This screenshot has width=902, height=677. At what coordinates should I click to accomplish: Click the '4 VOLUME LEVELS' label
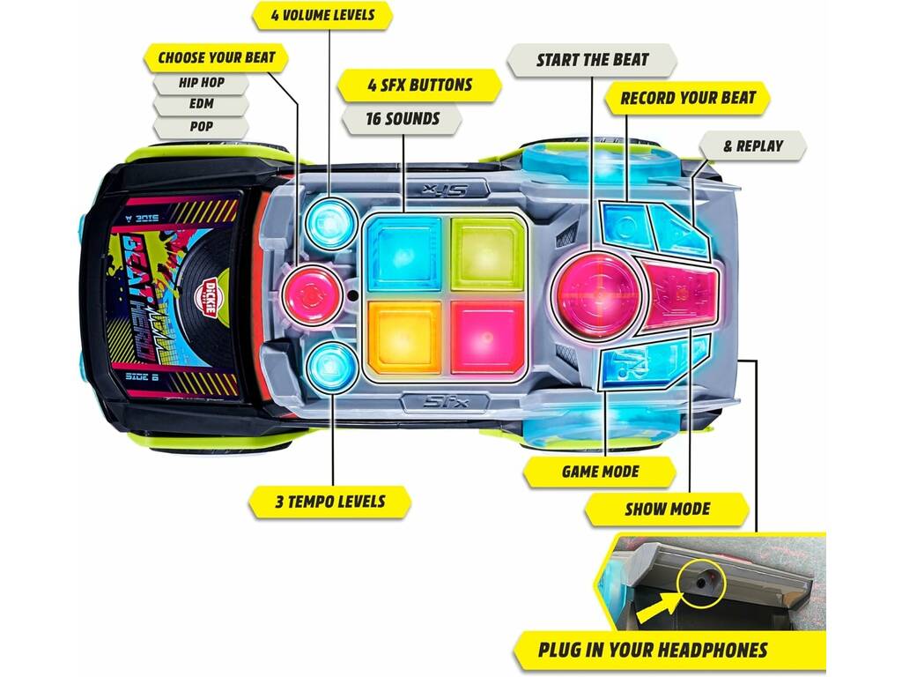[322, 16]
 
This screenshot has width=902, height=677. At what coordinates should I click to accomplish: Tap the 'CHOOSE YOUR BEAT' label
[217, 57]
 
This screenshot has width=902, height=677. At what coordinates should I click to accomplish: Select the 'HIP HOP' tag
[201, 83]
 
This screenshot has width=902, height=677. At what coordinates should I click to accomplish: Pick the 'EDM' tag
[201, 104]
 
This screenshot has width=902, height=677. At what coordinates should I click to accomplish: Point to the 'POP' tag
[201, 127]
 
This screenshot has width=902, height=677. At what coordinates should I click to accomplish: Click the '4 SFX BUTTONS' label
[419, 86]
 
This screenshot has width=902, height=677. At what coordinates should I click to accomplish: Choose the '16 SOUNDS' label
[402, 119]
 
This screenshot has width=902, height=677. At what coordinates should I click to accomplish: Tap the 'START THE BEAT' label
[592, 60]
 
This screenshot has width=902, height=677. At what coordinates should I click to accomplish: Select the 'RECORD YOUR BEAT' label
[687, 98]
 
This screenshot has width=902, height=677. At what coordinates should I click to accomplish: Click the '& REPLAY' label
[753, 146]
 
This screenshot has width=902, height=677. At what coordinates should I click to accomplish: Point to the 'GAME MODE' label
[600, 472]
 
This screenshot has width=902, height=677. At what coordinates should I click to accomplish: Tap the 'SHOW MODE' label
[668, 510]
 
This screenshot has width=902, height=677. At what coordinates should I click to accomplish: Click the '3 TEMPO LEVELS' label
[329, 502]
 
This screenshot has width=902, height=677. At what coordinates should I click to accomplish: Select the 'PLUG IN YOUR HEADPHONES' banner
[653, 651]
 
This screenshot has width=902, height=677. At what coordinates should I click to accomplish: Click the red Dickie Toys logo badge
[211, 295]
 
